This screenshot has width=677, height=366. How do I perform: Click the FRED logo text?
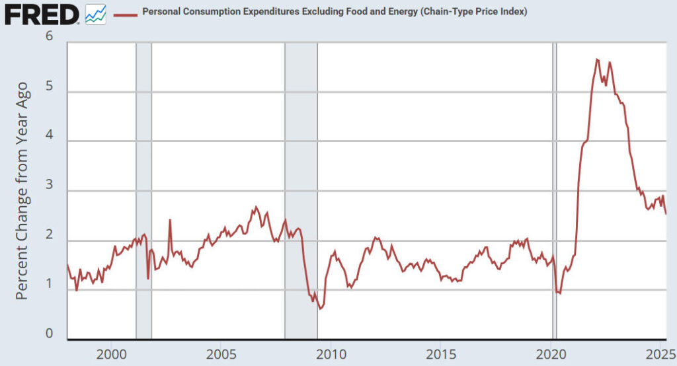(x=42, y=13)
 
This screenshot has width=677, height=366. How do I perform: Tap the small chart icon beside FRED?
(x=95, y=13)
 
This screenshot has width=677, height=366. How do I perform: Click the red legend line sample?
(x=126, y=13)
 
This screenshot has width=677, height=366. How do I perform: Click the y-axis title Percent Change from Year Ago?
(x=22, y=190)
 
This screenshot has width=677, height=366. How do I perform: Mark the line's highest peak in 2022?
(x=597, y=59)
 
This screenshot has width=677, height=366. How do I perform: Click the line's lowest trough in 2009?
(x=320, y=309)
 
